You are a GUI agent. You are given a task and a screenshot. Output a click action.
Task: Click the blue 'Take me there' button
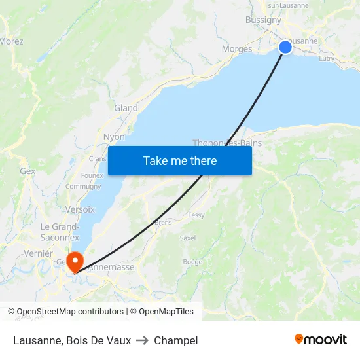point(180,160)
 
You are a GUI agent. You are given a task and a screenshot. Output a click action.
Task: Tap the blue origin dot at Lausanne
point(285,46)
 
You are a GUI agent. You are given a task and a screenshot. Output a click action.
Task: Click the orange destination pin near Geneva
point(75,261)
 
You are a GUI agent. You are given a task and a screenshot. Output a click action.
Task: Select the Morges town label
point(237,49)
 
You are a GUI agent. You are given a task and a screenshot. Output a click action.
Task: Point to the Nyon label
point(114,137)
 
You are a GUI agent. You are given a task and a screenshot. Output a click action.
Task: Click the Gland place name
point(126,108)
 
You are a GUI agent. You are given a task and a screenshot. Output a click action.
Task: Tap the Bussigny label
point(263,20)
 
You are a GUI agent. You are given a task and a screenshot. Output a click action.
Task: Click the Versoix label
point(80,209)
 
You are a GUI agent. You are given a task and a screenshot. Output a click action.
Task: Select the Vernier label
point(37,253)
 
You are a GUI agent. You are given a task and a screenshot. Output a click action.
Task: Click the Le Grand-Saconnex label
point(60,232)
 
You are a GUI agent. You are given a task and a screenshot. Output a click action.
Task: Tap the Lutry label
point(326,58)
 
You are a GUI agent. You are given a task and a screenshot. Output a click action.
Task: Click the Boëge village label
point(192,261)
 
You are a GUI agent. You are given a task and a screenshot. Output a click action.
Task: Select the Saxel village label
point(187,238)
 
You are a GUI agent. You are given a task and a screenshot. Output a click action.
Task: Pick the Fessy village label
point(196,215)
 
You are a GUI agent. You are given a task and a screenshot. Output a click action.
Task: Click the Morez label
point(11,41)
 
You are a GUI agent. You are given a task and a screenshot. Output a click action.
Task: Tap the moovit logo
point(320,339)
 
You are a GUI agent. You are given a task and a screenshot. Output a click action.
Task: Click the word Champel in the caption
point(176,340)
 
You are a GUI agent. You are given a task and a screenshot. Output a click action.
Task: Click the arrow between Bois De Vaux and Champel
point(142,340)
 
